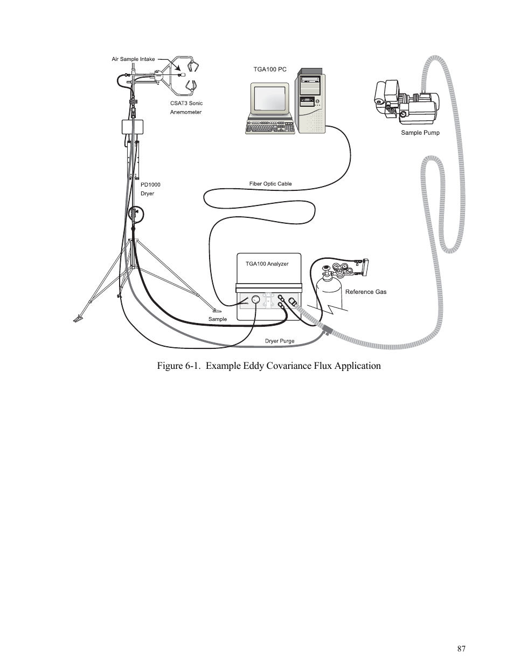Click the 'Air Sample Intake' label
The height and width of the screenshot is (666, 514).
(133, 59)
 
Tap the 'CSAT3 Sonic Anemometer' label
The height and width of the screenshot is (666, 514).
(186, 107)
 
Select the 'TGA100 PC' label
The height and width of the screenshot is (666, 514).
(270, 70)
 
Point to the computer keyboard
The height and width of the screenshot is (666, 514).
(270, 127)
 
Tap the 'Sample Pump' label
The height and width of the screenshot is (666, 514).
(420, 133)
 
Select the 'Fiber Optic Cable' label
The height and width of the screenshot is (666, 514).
(270, 184)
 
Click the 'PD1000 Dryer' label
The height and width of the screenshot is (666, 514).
(150, 189)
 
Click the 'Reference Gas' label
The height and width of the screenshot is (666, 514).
(366, 292)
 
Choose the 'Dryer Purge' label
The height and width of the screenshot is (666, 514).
(280, 341)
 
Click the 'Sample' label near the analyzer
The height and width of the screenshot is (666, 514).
(218, 319)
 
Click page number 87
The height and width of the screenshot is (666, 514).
(461, 649)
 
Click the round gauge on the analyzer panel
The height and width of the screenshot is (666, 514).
(256, 299)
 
